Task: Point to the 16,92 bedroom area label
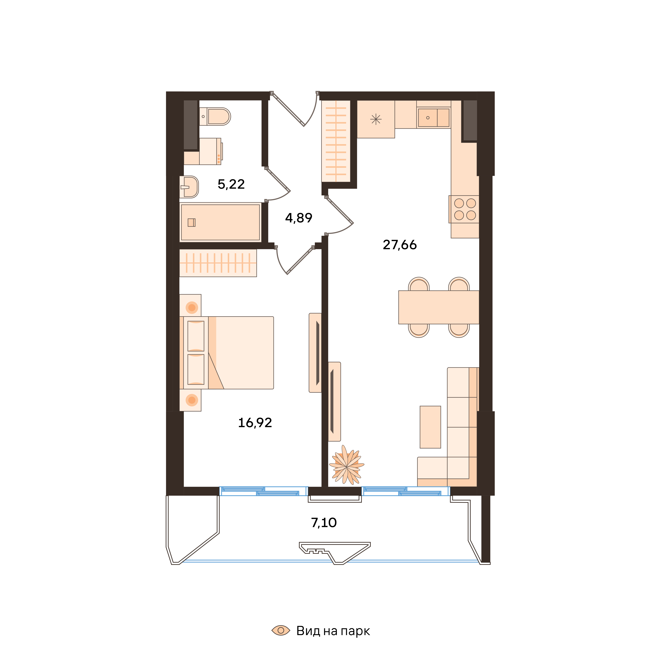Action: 255,423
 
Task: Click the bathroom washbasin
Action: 189,187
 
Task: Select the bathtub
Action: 220,222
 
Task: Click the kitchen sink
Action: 434,118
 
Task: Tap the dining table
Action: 439,307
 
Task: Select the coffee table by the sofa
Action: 430,427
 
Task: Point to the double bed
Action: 226,353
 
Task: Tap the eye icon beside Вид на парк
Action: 281,630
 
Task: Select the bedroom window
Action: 263,491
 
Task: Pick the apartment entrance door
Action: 294,109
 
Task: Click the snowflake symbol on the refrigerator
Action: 376,119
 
